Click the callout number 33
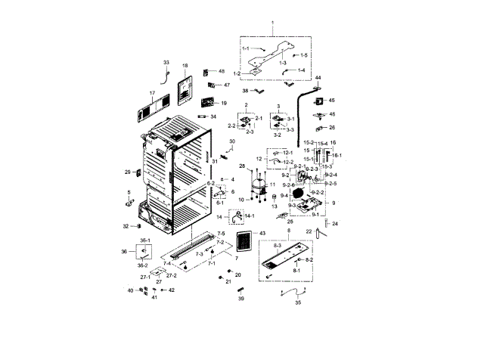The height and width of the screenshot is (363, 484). [166, 62]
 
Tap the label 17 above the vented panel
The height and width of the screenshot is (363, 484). [152, 94]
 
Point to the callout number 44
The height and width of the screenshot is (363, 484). [318, 78]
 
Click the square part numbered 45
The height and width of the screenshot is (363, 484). [320, 101]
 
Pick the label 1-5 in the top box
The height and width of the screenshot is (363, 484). [304, 56]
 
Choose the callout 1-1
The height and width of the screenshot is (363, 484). [246, 48]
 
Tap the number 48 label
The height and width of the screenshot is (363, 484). [222, 71]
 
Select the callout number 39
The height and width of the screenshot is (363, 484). [241, 299]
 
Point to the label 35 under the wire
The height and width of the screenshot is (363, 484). [298, 302]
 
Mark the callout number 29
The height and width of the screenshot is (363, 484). [128, 172]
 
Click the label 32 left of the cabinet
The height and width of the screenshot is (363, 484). [126, 226]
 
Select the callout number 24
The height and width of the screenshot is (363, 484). [335, 224]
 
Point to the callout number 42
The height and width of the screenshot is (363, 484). [172, 290]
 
